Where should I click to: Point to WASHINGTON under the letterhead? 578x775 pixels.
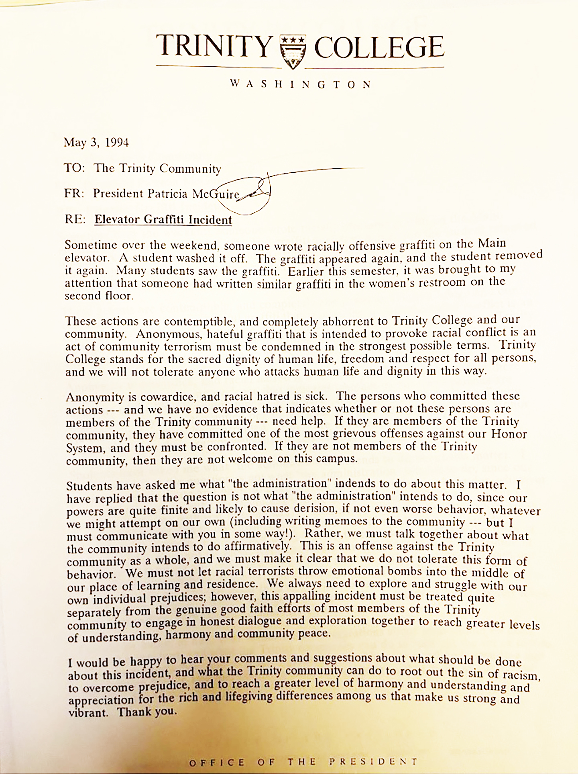coord(301,84)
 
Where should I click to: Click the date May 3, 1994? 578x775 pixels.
coord(96,143)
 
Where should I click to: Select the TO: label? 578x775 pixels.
coord(75,168)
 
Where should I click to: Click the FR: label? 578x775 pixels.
coord(74,194)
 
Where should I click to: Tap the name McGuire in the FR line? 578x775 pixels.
coord(216,194)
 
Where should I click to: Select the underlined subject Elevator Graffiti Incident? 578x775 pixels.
coord(163,220)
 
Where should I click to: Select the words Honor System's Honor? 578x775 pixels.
coord(509,434)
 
